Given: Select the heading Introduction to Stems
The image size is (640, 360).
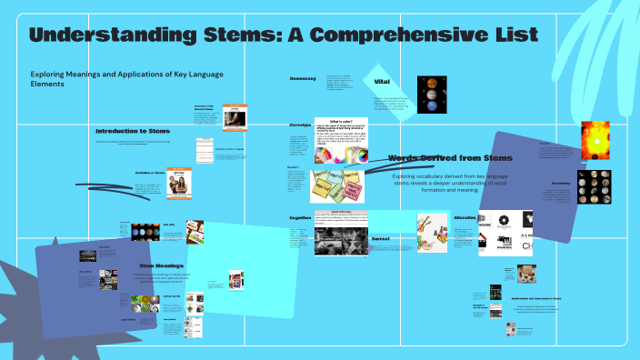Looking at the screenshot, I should (x=132, y=131).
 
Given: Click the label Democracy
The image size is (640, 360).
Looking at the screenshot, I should (x=303, y=78).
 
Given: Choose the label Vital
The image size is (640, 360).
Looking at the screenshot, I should (x=382, y=81).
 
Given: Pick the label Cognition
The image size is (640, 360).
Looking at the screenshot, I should (x=301, y=219).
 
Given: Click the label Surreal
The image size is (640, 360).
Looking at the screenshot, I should (x=381, y=238).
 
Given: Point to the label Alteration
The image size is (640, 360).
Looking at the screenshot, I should (x=465, y=218).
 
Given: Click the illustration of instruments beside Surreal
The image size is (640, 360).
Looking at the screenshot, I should (x=435, y=235).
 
